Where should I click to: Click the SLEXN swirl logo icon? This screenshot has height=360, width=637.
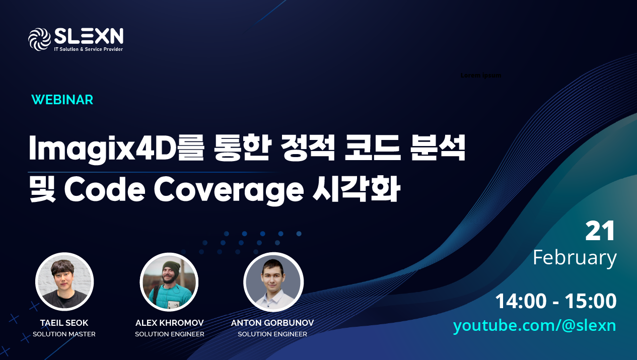(40, 39)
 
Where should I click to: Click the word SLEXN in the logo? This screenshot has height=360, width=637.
(88, 36)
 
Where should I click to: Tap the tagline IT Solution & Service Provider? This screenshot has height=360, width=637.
(88, 49)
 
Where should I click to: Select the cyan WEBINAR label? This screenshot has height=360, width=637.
(62, 100)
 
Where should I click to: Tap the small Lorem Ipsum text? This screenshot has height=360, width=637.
(481, 76)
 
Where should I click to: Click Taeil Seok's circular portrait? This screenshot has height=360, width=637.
(64, 282)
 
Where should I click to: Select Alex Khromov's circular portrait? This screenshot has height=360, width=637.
(169, 282)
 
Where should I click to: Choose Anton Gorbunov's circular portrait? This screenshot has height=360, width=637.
(273, 282)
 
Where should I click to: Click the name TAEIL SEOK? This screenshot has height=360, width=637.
(64, 323)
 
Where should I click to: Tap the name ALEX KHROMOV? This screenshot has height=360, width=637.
(170, 323)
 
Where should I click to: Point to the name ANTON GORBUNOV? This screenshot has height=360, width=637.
(272, 323)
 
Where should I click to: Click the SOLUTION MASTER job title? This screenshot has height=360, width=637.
(64, 334)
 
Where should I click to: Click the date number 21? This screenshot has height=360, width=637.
(600, 232)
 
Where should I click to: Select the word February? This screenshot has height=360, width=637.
(575, 257)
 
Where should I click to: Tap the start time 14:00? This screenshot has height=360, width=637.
(521, 301)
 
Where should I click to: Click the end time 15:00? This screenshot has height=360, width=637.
(591, 301)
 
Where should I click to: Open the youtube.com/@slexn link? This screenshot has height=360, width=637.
(534, 325)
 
